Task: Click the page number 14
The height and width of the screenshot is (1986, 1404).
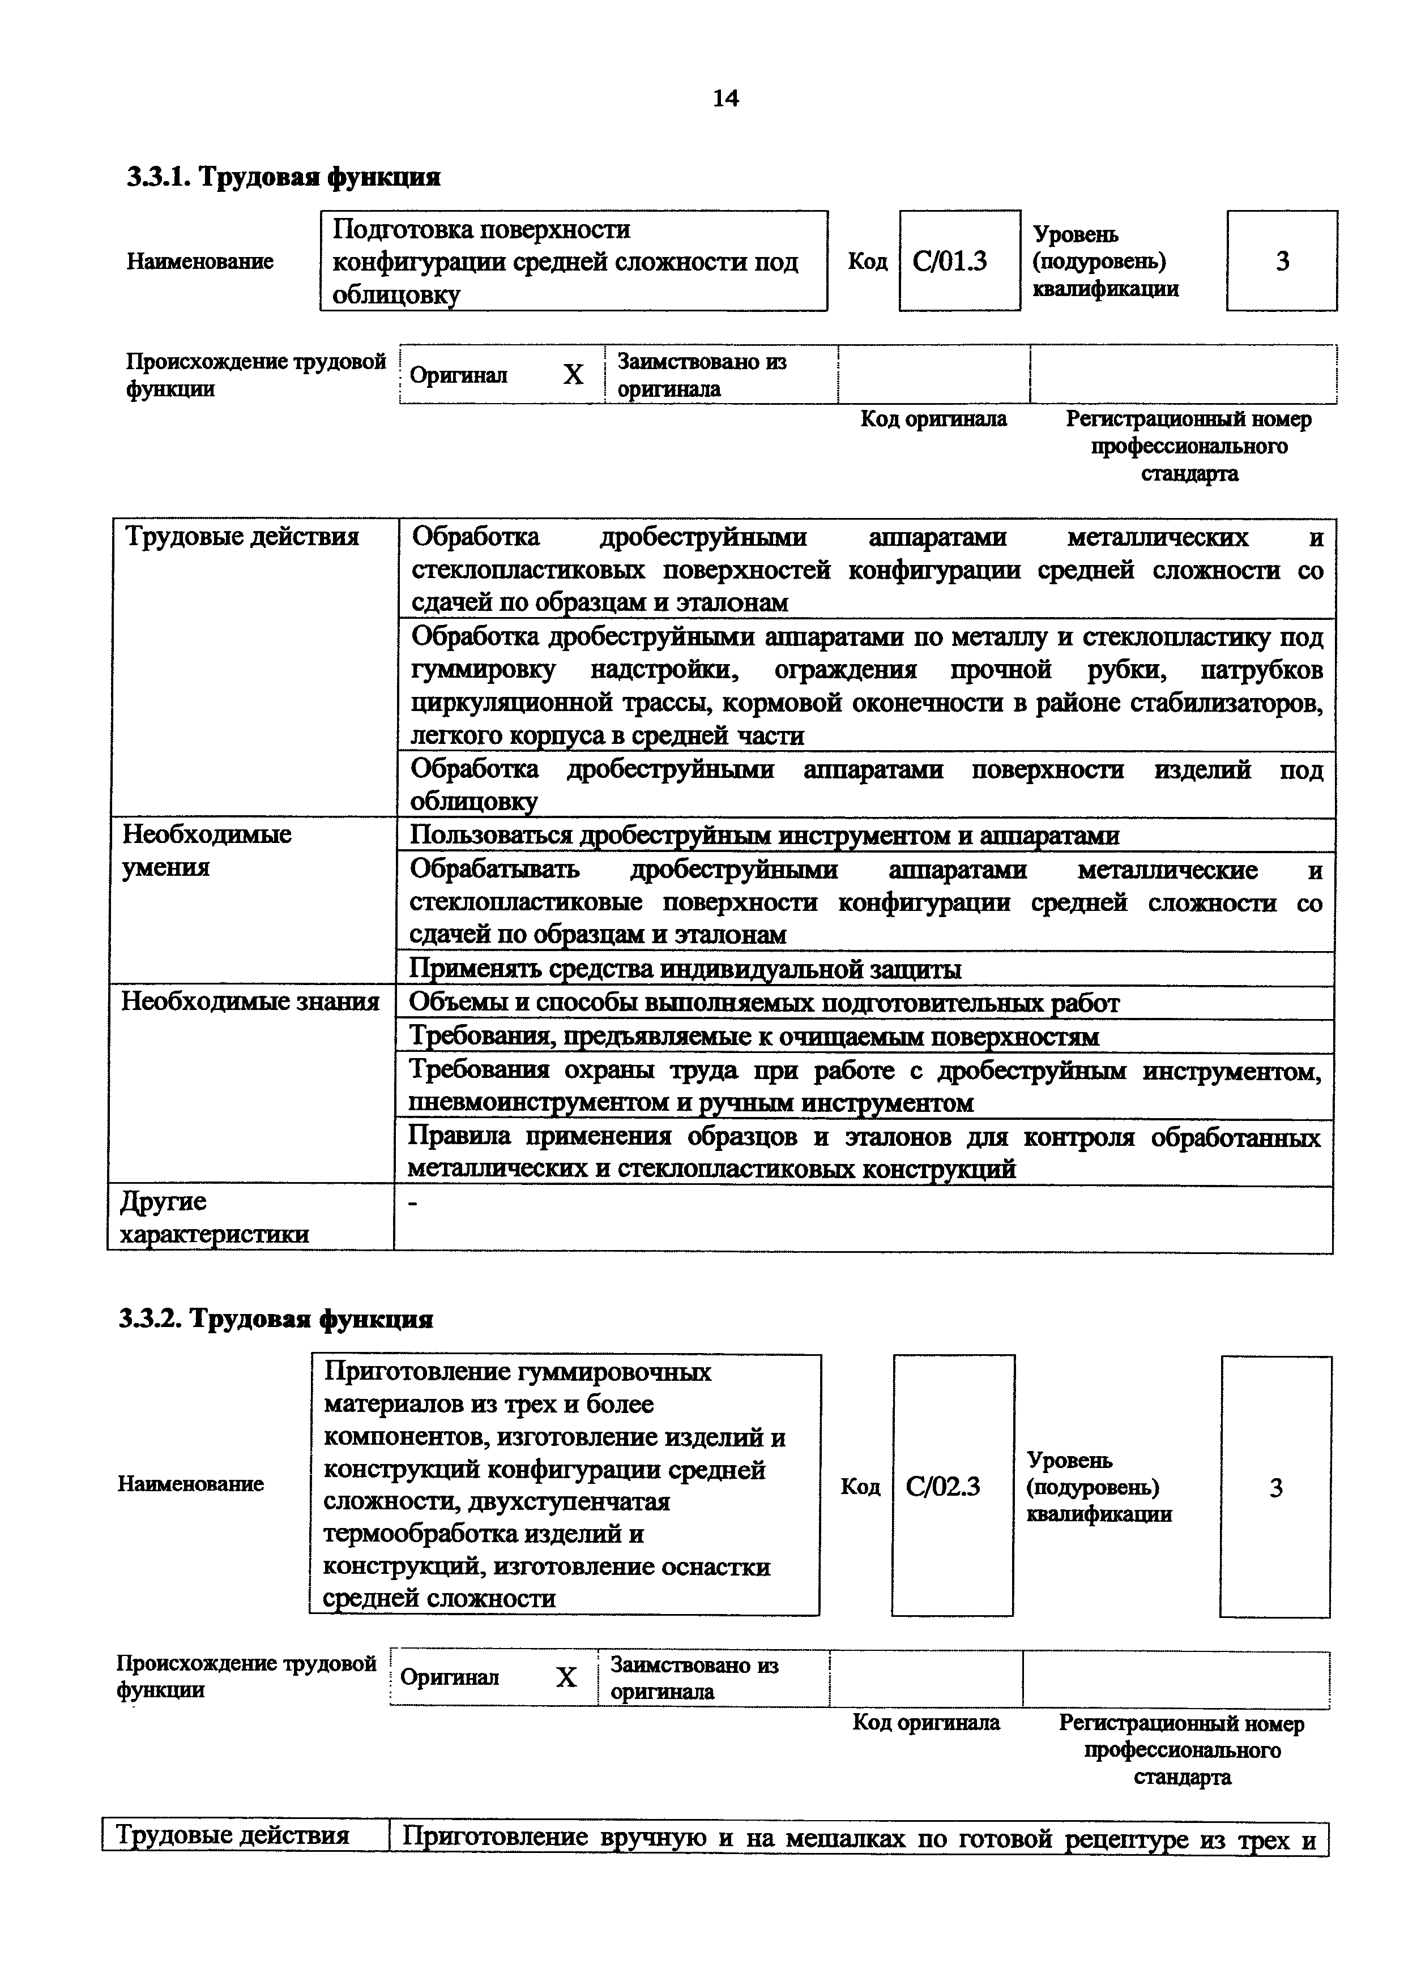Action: click(725, 99)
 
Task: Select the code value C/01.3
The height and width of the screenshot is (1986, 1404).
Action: click(950, 261)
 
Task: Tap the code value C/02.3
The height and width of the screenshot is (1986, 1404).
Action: click(943, 1486)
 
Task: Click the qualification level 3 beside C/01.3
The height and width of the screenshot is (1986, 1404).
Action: click(1282, 261)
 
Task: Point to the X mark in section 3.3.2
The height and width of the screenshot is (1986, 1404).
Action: click(566, 1677)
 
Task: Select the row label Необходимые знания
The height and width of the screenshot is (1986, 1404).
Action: click(250, 1001)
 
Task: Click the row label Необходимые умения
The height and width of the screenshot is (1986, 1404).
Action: click(208, 850)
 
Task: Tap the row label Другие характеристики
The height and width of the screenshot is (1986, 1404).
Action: click(214, 1217)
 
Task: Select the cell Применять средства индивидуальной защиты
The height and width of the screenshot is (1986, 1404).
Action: click(685, 969)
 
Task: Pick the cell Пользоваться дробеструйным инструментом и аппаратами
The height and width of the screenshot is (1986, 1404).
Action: click(765, 836)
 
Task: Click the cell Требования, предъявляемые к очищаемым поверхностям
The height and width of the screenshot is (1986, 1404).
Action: click(753, 1035)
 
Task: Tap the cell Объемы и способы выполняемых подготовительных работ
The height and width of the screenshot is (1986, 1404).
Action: click(764, 1003)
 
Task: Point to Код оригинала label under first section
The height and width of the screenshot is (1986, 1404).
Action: click(933, 420)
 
